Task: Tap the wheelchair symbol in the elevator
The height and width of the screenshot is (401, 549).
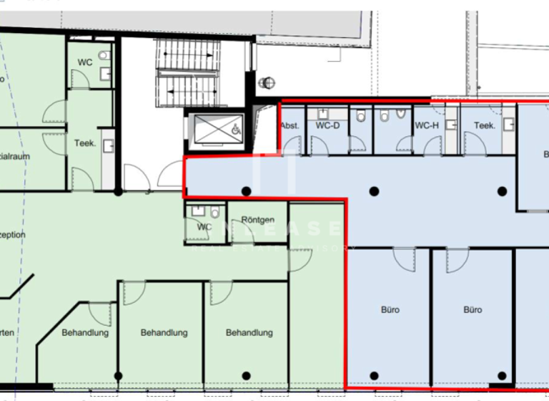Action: tap(235, 130)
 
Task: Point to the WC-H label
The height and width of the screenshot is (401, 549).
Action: tap(426, 125)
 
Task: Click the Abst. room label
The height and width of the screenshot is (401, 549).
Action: tap(290, 125)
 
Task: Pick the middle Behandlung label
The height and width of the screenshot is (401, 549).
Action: tap(164, 333)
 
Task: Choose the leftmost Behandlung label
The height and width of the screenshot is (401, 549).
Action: tap(85, 333)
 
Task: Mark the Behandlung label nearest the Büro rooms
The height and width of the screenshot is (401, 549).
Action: tap(249, 333)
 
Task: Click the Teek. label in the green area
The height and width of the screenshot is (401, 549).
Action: tap(85, 143)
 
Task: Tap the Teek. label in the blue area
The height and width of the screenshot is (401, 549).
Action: tap(485, 125)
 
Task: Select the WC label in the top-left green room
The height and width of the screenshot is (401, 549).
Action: tap(85, 62)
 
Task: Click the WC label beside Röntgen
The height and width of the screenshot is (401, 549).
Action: tap(204, 227)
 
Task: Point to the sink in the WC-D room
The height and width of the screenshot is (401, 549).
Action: tap(323, 112)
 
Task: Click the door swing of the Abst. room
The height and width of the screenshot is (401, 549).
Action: tap(292, 146)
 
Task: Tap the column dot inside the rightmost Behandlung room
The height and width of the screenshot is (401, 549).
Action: tap(246, 375)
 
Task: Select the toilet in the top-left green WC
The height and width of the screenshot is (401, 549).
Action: tap(104, 54)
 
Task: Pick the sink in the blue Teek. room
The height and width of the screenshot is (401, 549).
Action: tap(508, 124)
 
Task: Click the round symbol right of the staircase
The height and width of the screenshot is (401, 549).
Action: tap(269, 82)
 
